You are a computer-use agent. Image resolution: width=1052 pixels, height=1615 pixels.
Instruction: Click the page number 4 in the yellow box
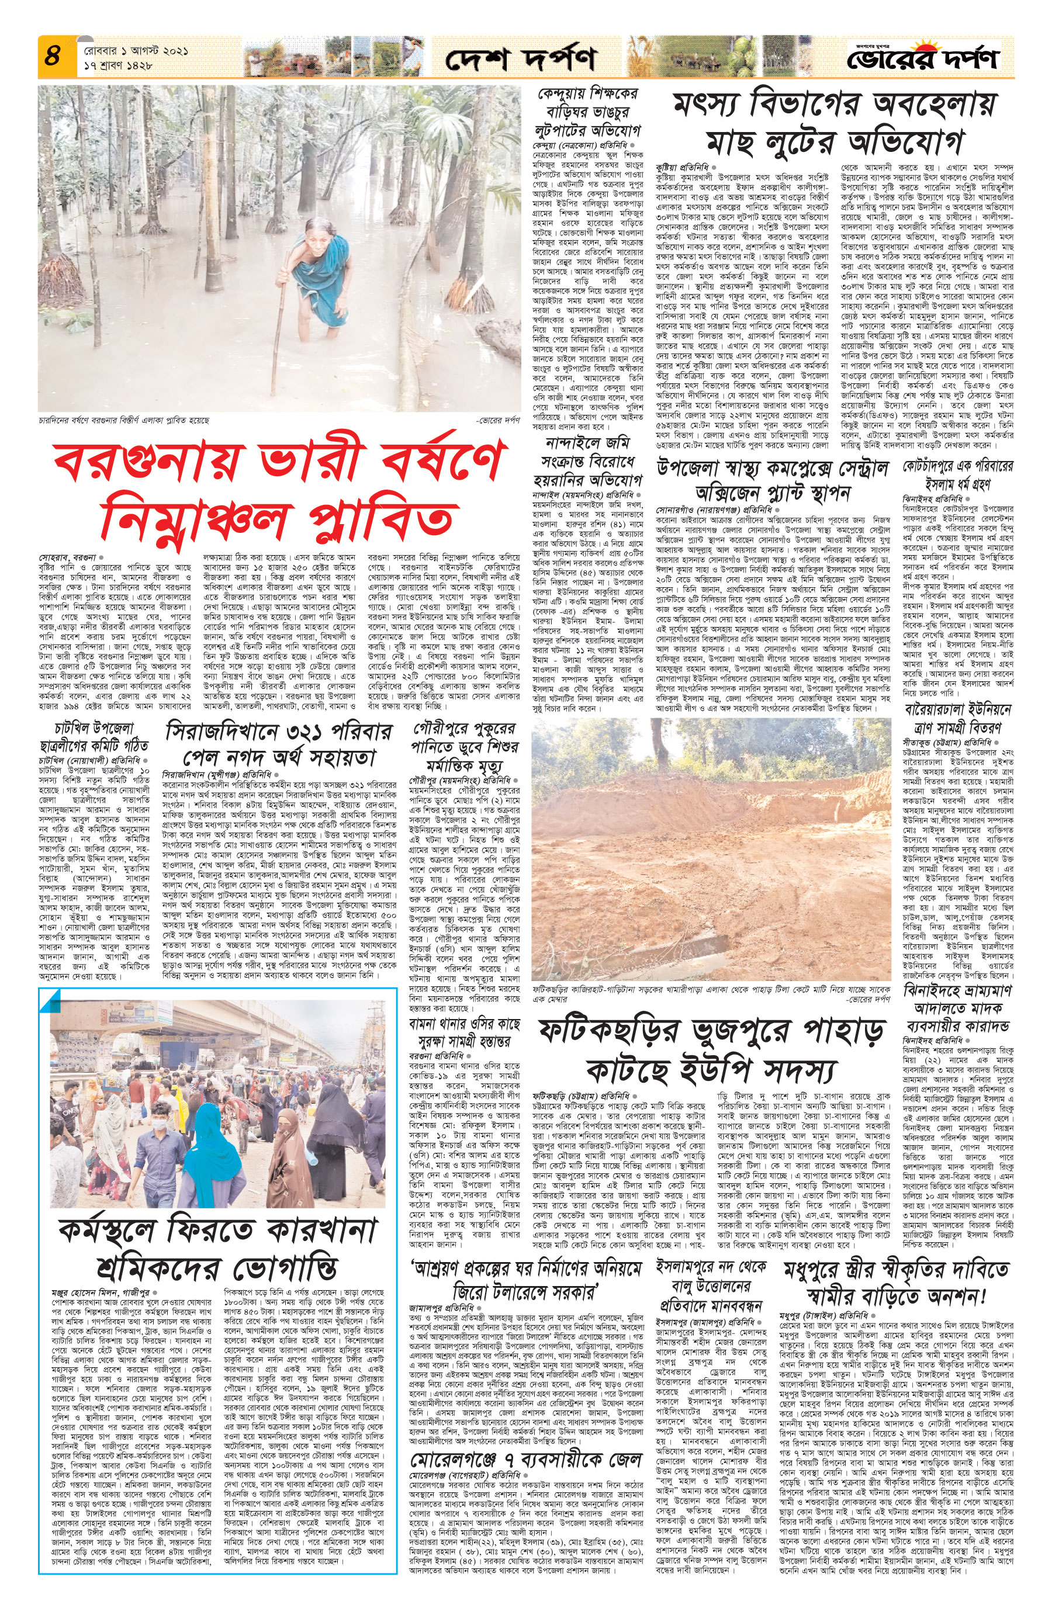coord(52,56)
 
